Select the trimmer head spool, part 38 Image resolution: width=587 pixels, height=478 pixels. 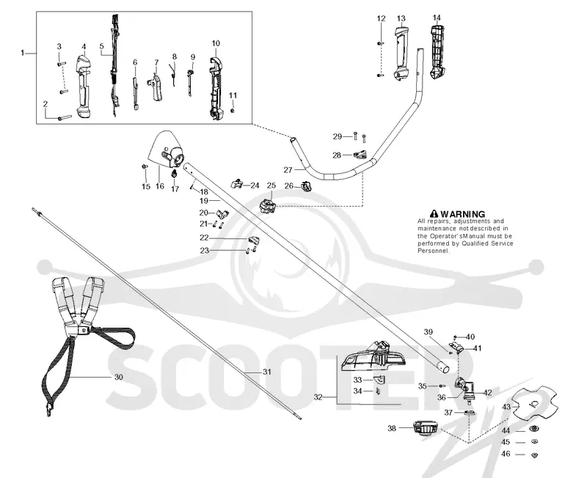click(425, 428)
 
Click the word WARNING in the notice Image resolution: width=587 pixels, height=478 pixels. click(463, 214)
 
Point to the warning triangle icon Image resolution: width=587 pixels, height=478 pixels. click(434, 214)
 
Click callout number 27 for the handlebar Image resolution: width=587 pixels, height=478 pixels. click(288, 170)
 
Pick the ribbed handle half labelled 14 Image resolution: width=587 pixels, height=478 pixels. click(437, 52)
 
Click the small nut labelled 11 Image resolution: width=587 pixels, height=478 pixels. click(233, 111)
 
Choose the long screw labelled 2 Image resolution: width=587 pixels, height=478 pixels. click(65, 118)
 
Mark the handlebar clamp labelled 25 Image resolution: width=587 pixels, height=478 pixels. click(267, 206)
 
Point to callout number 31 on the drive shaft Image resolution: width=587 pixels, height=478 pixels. click(266, 372)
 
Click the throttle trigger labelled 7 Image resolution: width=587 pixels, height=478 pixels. click(156, 87)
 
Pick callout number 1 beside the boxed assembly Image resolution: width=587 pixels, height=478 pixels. click(23, 53)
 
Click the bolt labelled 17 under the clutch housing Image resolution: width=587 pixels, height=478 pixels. click(174, 174)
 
